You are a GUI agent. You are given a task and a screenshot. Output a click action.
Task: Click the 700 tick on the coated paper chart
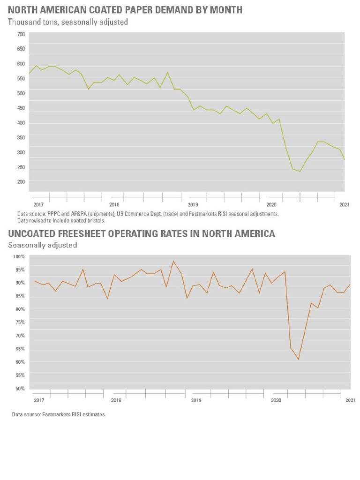[21, 34]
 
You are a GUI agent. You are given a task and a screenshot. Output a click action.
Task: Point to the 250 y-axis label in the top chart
[21, 168]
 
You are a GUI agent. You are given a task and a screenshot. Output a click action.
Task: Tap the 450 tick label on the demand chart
[21, 108]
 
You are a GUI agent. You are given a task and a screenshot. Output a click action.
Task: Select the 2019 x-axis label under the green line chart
[193, 205]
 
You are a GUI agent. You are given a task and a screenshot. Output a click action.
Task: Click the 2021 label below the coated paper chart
[345, 205]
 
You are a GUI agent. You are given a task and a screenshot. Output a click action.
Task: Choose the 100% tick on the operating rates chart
[19, 257]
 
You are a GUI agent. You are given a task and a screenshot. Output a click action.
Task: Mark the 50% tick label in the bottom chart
[19, 389]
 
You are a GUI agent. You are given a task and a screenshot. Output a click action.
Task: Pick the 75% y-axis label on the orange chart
[19, 322]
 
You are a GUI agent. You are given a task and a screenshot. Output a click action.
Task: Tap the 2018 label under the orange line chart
[116, 400]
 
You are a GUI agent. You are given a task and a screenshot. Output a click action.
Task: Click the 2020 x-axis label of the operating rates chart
[276, 400]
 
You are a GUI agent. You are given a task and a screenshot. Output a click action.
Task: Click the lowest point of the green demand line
[300, 172]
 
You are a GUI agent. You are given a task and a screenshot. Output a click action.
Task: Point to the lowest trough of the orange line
[299, 360]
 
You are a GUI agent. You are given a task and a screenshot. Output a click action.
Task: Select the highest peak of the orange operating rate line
[173, 261]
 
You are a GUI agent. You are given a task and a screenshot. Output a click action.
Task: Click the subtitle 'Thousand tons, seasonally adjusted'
[68, 22]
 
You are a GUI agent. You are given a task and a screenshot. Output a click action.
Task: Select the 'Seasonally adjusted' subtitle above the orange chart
[43, 245]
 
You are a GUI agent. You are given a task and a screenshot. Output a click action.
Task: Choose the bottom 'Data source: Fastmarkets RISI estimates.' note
[59, 414]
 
